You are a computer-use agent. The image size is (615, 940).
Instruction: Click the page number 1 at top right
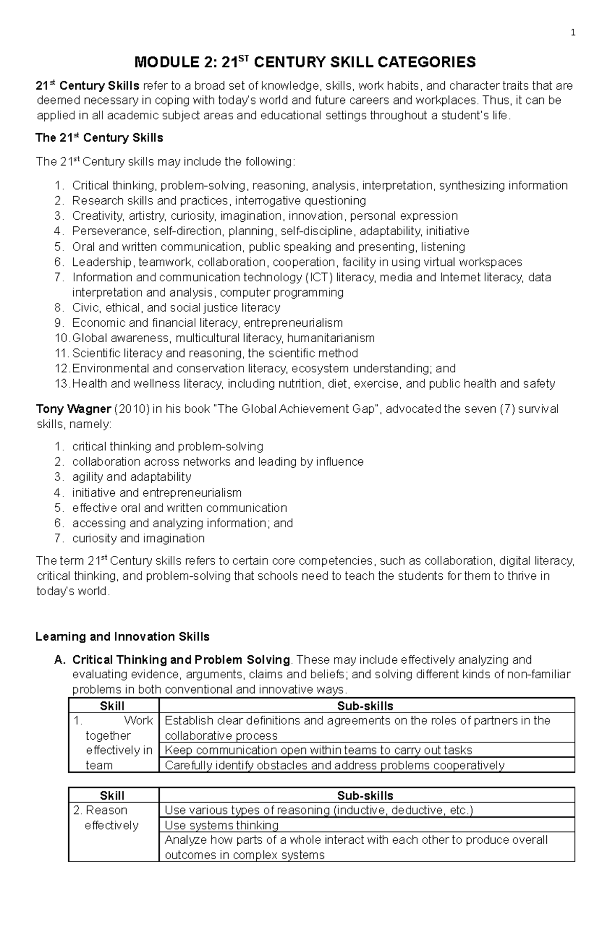coord(573,33)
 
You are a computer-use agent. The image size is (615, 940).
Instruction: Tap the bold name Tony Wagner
coord(73,409)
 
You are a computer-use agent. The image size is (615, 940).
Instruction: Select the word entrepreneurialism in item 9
coord(293,323)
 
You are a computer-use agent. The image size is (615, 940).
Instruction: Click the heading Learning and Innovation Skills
coord(122,637)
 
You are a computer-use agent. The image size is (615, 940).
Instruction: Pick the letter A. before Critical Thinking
coord(60,660)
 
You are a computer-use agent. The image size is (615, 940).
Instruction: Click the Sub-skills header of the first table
coord(365,706)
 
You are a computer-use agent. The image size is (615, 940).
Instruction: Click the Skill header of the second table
coord(112,796)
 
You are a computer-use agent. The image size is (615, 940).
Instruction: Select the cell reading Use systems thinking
coord(221,825)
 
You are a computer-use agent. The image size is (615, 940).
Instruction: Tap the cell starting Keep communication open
coord(318,750)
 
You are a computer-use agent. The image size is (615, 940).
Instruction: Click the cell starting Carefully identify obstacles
coord(334,765)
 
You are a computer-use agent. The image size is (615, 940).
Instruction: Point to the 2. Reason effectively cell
coord(106,818)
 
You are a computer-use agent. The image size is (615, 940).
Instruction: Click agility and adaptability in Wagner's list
coord(132,477)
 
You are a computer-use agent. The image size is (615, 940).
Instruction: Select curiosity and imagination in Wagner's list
coord(138,538)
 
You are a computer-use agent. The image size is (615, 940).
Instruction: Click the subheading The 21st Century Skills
coord(99,138)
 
